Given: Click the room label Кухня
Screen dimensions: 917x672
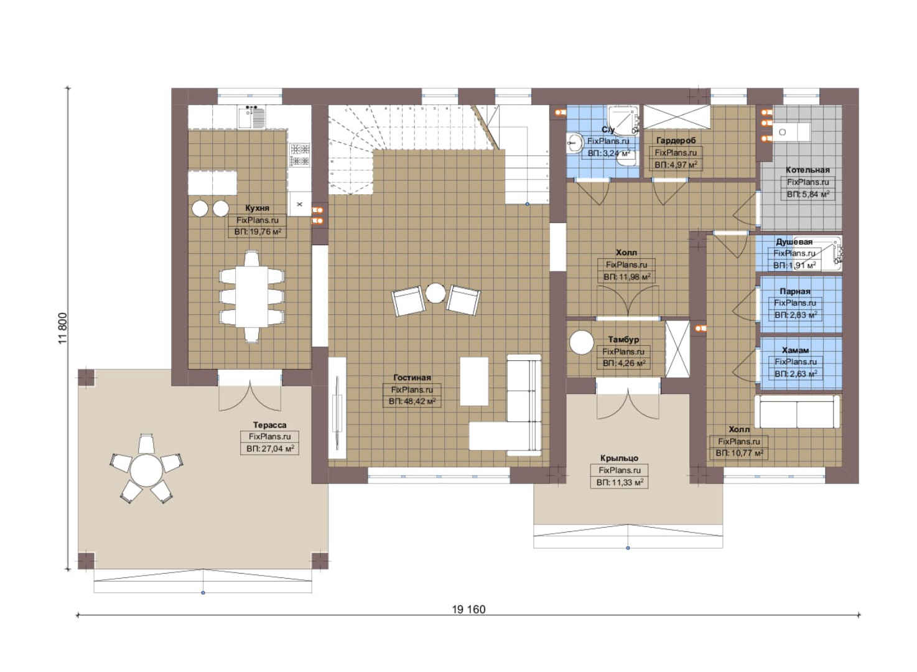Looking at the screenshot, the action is [x=257, y=208].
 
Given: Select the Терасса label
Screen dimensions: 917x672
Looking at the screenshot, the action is [x=269, y=425].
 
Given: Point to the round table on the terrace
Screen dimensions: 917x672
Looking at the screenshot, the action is [x=146, y=470].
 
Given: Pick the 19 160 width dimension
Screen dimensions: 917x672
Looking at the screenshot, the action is [x=468, y=610].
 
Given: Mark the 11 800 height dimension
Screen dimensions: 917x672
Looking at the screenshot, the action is [x=63, y=329].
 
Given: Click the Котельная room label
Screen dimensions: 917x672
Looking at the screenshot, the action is [x=808, y=170].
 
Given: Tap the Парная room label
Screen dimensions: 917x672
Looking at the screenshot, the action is [x=795, y=292].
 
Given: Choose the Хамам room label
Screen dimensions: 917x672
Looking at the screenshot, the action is [x=796, y=350].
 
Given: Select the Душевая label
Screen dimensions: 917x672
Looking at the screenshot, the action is [x=794, y=242].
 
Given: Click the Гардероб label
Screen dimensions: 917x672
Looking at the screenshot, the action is [x=676, y=141].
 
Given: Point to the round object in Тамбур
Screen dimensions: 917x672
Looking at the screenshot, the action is [x=582, y=342].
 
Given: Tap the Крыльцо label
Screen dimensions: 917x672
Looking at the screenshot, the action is [x=619, y=458].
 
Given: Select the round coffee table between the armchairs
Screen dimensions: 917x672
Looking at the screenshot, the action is [x=435, y=293].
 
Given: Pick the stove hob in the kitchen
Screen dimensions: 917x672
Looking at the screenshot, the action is [x=300, y=154].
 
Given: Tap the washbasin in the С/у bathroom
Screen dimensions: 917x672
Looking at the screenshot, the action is [x=575, y=143].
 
